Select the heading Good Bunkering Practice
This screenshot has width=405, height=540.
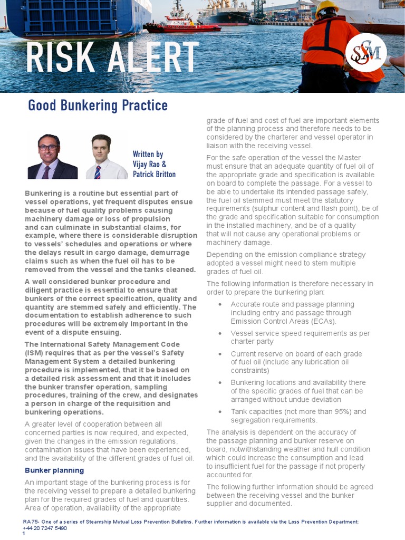tap(98, 105)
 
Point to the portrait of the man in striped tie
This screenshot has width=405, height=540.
tap(101, 157)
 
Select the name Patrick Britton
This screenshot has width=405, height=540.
tap(154, 174)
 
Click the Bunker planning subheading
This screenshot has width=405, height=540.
tap(54, 470)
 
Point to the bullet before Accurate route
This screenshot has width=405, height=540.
tap(220, 304)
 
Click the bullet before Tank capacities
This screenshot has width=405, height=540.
tap(220, 412)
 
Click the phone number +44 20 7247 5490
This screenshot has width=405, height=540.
tap(45, 528)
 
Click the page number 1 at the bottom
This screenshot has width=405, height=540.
tap(24, 534)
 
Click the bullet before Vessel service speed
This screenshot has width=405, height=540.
tap(220, 333)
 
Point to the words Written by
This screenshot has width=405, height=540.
tap(148, 155)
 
